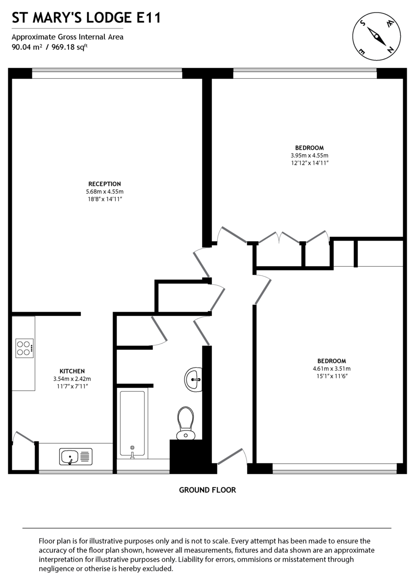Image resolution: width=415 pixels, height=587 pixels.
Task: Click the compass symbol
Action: (x=376, y=35)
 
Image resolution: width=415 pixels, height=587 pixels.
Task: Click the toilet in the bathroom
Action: (x=185, y=422)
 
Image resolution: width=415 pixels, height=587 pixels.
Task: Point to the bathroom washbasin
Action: (x=194, y=379)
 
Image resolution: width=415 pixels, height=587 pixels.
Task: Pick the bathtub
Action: (x=133, y=424)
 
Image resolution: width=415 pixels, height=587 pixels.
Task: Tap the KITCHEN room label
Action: (x=72, y=371)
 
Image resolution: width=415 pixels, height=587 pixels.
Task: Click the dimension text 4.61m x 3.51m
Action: (x=332, y=368)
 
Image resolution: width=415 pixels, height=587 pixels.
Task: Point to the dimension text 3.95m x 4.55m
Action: (x=309, y=155)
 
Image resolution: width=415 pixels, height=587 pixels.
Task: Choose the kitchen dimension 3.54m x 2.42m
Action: (x=72, y=379)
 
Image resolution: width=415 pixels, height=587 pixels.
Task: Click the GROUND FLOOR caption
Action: (x=207, y=490)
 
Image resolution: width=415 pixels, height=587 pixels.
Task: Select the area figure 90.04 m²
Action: (x=26, y=47)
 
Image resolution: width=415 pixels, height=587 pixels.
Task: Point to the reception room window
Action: (x=107, y=73)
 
